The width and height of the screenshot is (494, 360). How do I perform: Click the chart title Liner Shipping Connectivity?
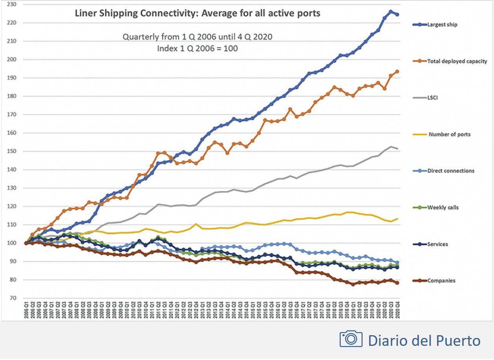(198, 13)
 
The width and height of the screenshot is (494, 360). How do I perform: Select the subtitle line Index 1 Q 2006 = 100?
(197, 48)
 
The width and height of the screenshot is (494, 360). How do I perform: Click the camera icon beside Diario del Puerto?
(351, 339)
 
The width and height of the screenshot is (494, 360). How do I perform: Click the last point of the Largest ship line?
(397, 15)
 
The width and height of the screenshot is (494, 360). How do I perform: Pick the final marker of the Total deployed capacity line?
(397, 72)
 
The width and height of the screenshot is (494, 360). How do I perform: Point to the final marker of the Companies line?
(397, 283)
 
